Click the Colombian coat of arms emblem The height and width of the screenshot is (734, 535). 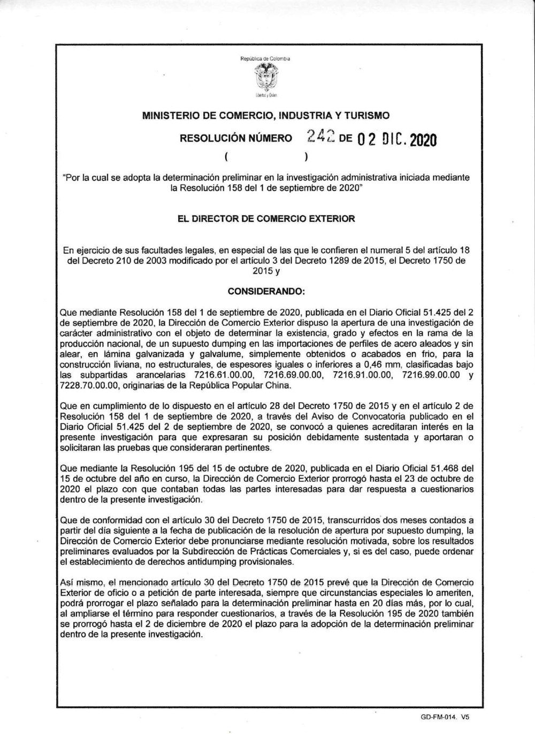tap(265, 77)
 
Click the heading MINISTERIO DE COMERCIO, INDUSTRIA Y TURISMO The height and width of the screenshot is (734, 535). tap(266, 115)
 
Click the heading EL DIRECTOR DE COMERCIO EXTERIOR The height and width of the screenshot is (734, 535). tap(266, 218)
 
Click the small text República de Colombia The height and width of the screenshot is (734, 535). tap(265, 59)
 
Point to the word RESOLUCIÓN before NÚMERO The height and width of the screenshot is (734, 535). tap(215, 139)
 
